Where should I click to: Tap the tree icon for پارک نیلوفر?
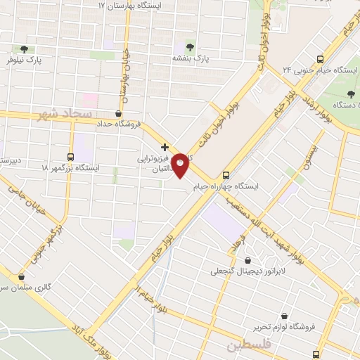coord(25,49)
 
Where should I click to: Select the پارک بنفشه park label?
coord(191,58)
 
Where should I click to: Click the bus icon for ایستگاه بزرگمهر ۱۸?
coord(70,156)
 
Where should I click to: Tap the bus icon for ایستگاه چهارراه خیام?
coord(226,175)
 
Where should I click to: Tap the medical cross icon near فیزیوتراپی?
coord(165,148)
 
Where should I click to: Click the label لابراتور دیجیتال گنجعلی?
coord(245,270)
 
